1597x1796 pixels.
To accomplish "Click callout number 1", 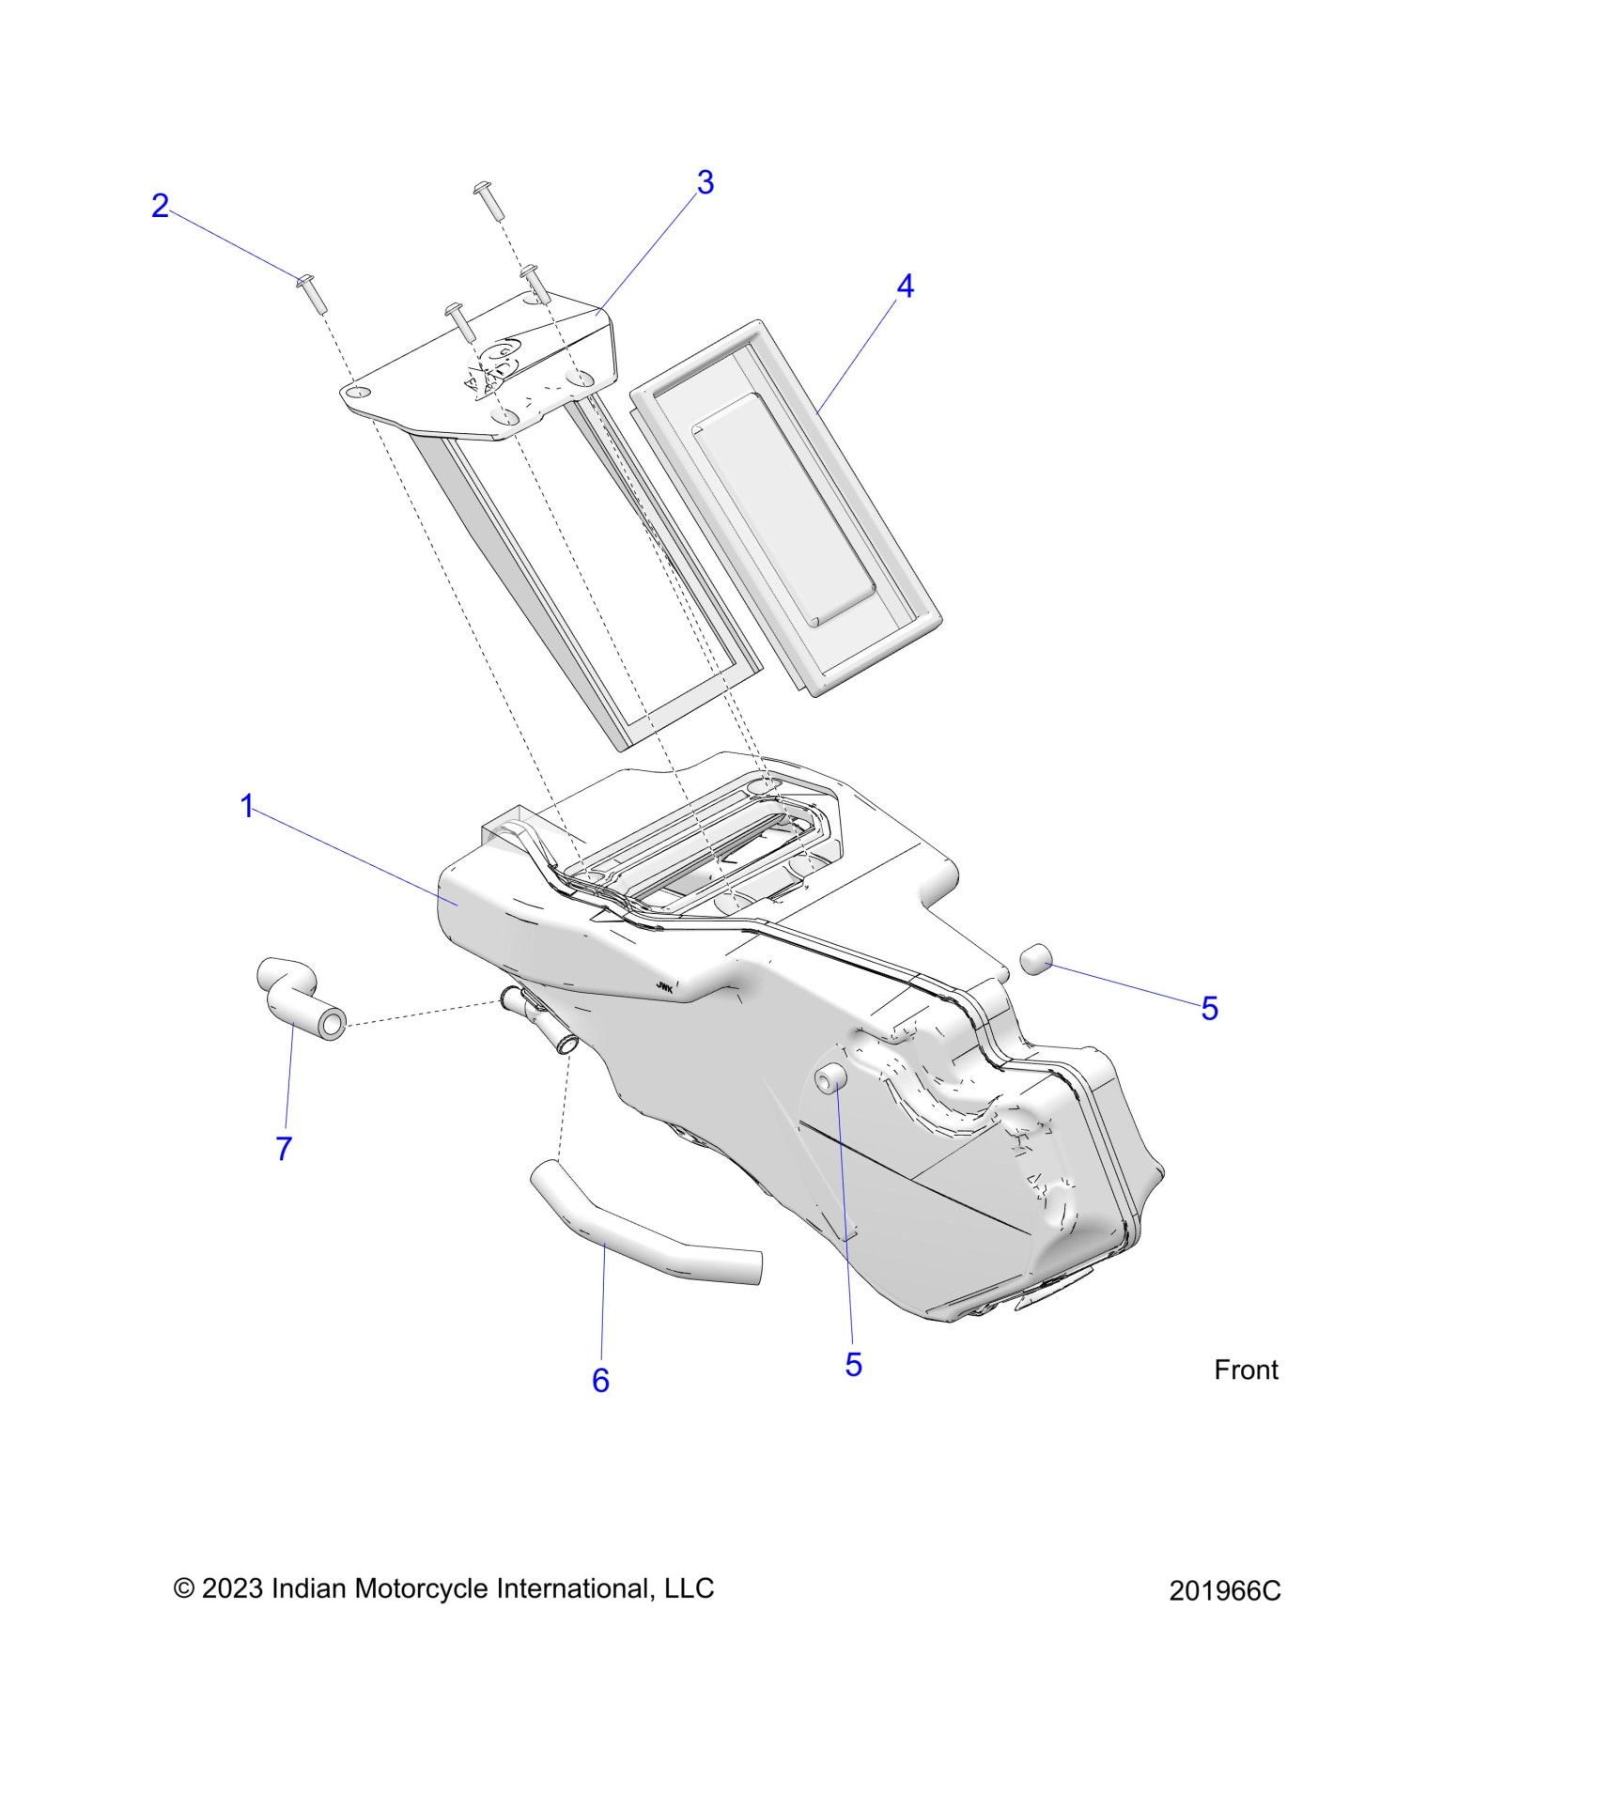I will (247, 806).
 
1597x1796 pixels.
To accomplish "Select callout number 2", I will (161, 206).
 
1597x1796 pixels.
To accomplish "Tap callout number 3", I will (705, 182).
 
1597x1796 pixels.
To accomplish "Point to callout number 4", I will (905, 286).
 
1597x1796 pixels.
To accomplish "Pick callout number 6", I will (600, 1380).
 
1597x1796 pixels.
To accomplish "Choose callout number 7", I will (284, 1148).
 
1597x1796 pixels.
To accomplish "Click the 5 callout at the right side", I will (1209, 1009).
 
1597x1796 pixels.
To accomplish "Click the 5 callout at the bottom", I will (853, 1365).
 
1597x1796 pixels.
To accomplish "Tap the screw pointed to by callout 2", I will (311, 293).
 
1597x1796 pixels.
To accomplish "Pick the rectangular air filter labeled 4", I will (787, 507).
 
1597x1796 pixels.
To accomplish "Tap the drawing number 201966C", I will (1225, 1590).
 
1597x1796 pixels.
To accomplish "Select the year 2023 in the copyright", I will (232, 1588).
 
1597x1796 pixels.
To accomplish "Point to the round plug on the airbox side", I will (829, 1079).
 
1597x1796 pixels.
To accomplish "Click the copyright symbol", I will (184, 1588).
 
